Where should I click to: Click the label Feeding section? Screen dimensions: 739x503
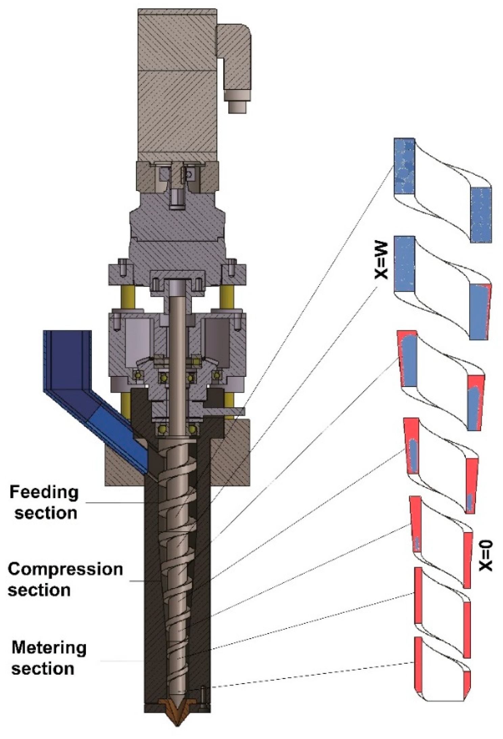coord(44,503)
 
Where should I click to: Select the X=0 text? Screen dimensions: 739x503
coord(486,556)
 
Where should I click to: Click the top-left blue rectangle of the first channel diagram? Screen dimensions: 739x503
coord(404,166)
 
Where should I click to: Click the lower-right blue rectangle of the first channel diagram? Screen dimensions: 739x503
coord(481,215)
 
